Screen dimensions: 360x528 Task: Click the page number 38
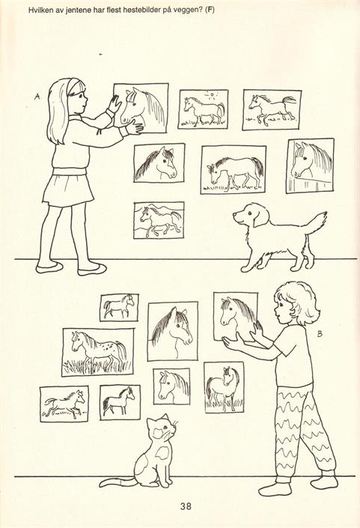(186, 506)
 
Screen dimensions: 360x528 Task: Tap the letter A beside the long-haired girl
(37, 97)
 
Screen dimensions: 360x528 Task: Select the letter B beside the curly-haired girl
(320, 334)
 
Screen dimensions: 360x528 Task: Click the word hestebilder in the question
(137, 10)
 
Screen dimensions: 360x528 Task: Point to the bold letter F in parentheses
(210, 10)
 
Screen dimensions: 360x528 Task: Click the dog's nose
(234, 214)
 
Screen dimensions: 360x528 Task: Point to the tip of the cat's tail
(100, 485)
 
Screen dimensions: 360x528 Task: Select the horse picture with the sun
(204, 109)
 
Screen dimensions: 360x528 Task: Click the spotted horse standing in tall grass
(97, 352)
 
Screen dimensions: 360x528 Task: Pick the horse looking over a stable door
(310, 166)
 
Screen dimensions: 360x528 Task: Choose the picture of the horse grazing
(234, 170)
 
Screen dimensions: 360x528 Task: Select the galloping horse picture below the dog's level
(64, 404)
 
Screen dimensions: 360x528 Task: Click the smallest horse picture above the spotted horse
(119, 307)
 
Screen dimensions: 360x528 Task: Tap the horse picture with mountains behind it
(159, 220)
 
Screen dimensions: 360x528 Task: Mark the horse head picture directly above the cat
(171, 386)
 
